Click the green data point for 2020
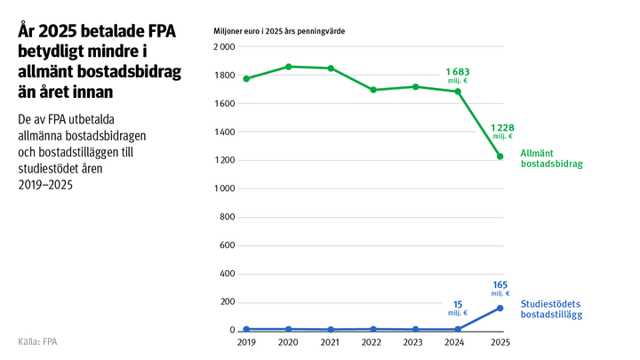click(x=289, y=67)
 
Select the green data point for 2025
click(x=500, y=156)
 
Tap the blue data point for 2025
click(x=500, y=308)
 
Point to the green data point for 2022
click(x=373, y=90)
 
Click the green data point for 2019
click(x=246, y=78)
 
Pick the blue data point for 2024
click(x=458, y=329)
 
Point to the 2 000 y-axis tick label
click(x=222, y=47)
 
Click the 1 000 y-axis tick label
click(x=222, y=189)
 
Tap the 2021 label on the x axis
click(x=331, y=342)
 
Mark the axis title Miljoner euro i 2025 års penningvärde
click(x=279, y=31)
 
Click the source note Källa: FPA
click(x=37, y=341)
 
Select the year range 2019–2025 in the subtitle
click(x=45, y=186)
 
